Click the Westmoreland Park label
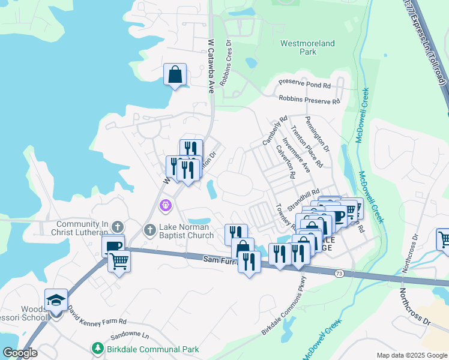point(307,47)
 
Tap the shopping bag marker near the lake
point(175,76)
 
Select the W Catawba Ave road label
point(211,66)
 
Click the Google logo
point(20,353)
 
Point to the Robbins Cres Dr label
point(225,62)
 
